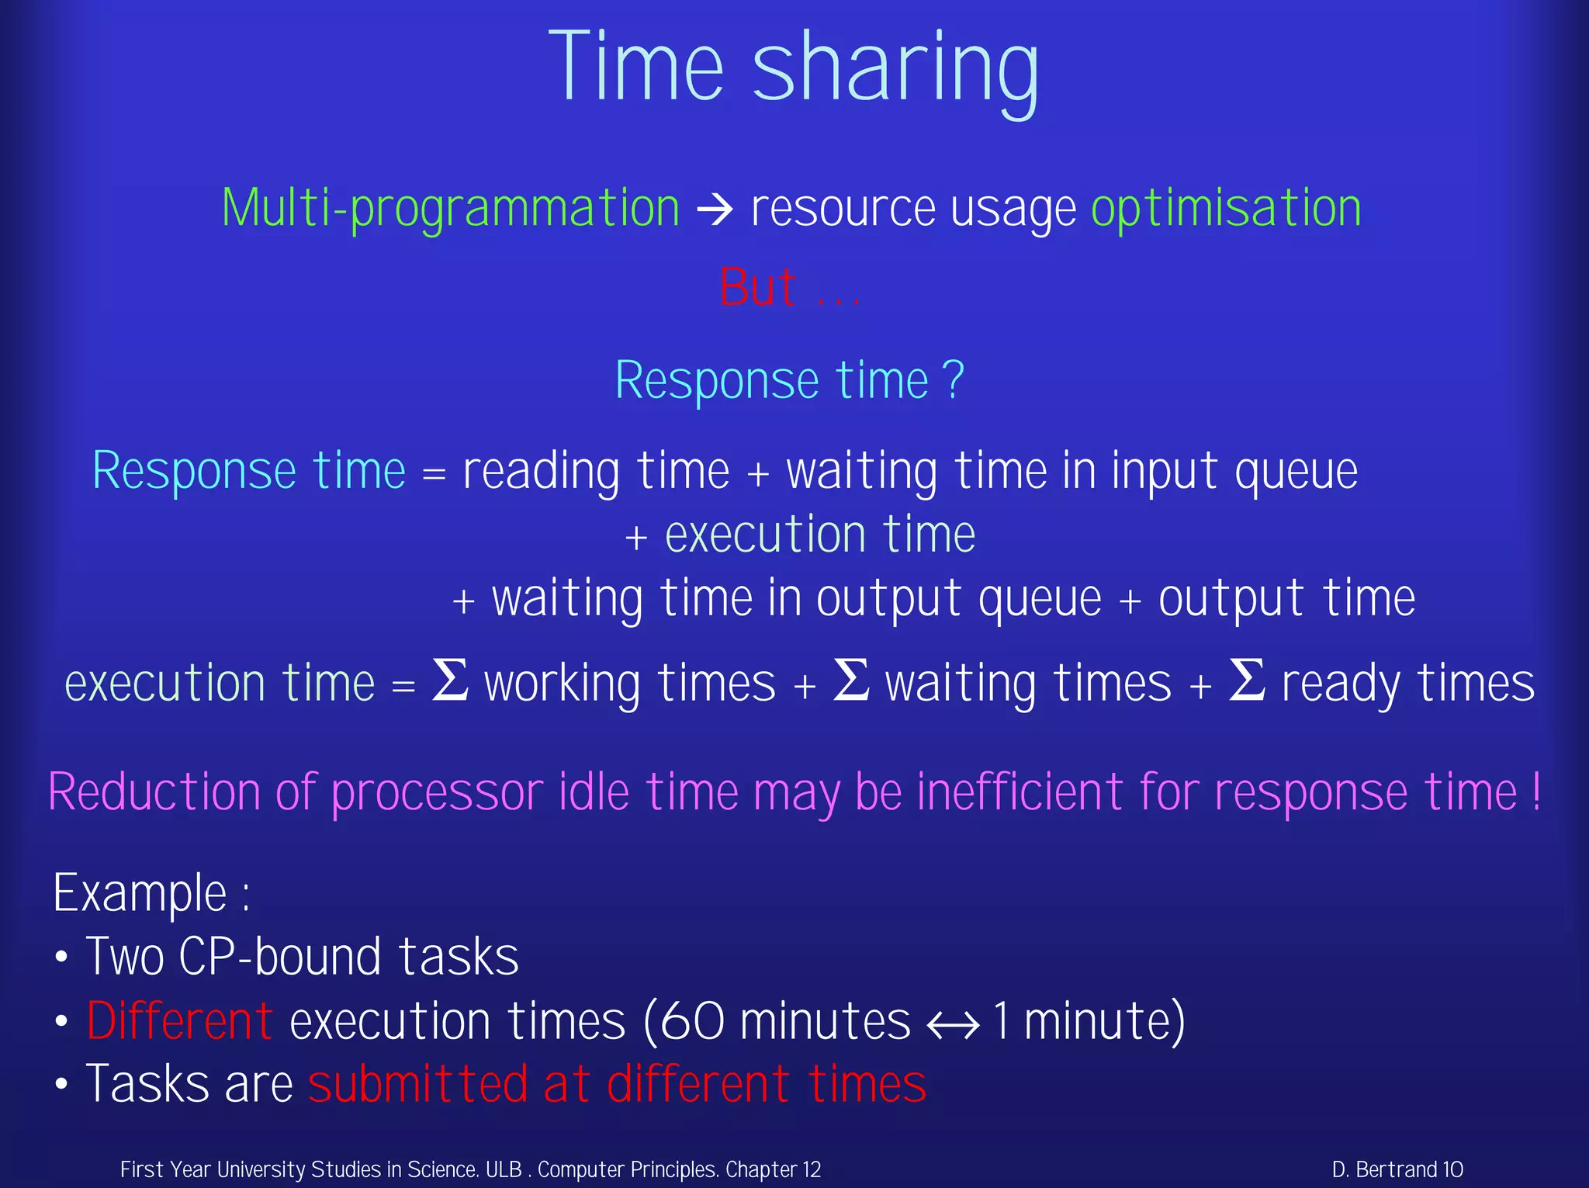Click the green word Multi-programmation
click(x=451, y=208)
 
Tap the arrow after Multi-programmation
click(x=715, y=209)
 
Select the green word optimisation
click(x=1226, y=208)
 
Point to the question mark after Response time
click(x=954, y=380)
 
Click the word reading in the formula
click(x=541, y=472)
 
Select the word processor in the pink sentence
click(x=438, y=792)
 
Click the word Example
click(x=140, y=893)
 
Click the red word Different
click(x=179, y=1020)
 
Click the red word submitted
click(x=417, y=1084)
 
